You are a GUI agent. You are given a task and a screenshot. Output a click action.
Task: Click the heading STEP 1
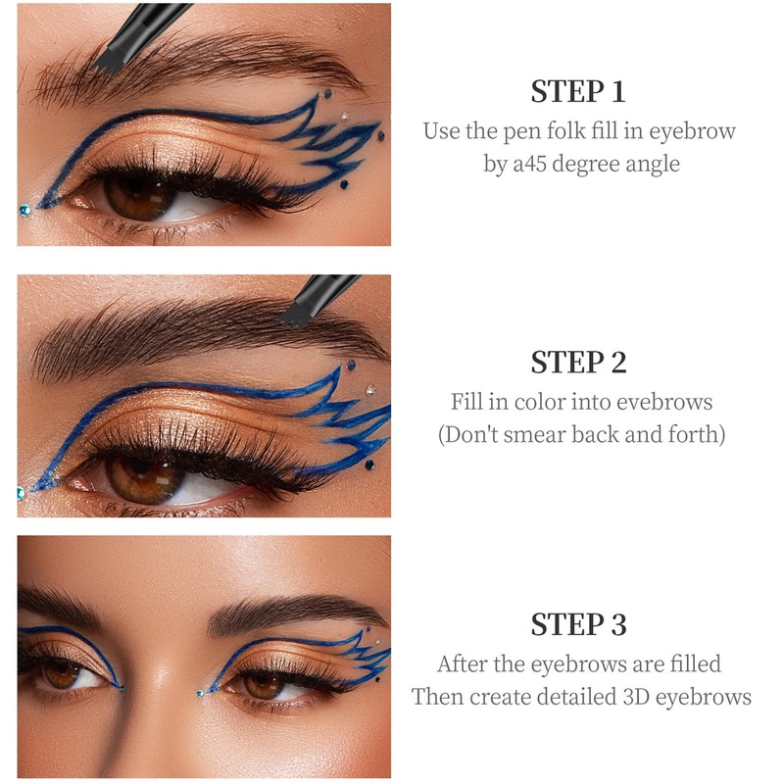coord(578,91)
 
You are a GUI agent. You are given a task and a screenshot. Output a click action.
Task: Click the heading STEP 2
coord(578,362)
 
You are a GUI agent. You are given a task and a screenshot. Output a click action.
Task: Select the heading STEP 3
coord(578,624)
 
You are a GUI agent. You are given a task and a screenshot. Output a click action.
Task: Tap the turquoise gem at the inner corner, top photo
coord(24,211)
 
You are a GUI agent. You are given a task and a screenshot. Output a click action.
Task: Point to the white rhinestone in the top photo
coord(345,117)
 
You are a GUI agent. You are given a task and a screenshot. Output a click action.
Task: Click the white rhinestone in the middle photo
coord(370,389)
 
